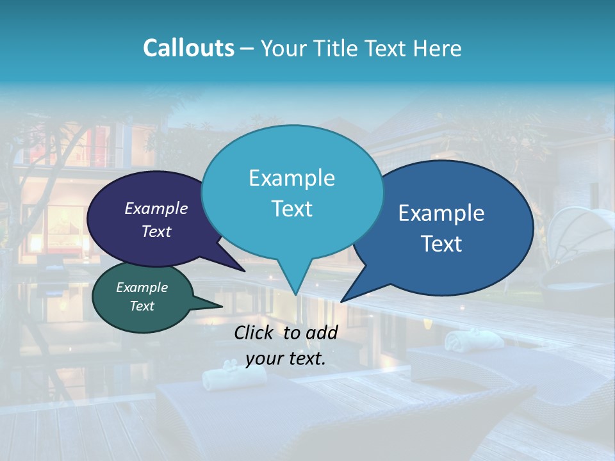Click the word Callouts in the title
coord(189,48)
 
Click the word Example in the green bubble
coord(142,287)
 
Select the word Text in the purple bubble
coord(156,231)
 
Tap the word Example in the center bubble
coord(291,178)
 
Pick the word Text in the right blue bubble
coord(442,244)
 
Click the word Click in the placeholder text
coord(255,332)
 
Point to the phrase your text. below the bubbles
coord(286,359)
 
